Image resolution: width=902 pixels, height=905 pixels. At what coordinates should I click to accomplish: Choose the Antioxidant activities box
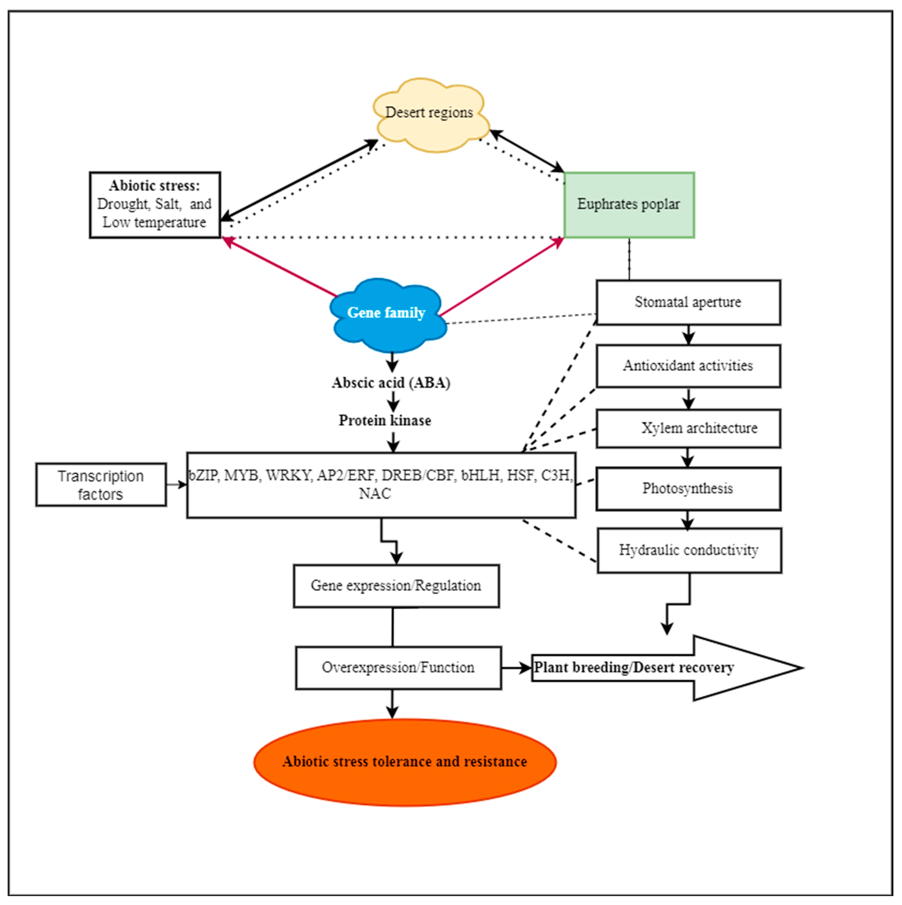click(687, 366)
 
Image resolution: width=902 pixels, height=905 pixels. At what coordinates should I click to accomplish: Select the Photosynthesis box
click(687, 489)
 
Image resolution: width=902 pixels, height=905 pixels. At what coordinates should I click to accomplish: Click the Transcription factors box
click(101, 485)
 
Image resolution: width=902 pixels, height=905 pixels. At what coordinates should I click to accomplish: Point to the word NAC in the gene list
click(375, 494)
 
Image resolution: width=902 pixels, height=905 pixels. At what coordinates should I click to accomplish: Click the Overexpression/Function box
click(398, 668)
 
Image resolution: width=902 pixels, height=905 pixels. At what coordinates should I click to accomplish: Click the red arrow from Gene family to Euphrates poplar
click(501, 276)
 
